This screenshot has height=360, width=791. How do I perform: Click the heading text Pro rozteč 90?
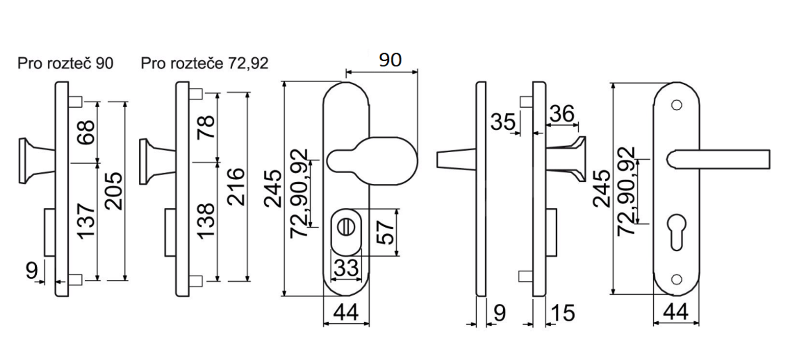(x=65, y=63)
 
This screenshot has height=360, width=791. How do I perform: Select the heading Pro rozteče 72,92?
(x=205, y=63)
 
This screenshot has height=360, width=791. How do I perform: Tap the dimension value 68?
(x=86, y=132)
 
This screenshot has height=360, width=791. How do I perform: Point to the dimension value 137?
(x=86, y=221)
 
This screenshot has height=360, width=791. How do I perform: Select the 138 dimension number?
(x=206, y=221)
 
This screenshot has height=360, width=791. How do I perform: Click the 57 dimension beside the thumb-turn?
(x=386, y=233)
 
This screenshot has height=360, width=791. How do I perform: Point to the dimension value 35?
(x=503, y=122)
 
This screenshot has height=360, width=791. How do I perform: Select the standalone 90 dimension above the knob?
(x=390, y=60)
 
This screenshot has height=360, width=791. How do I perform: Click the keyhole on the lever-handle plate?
(x=677, y=232)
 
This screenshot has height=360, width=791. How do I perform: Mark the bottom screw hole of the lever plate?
(x=677, y=278)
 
